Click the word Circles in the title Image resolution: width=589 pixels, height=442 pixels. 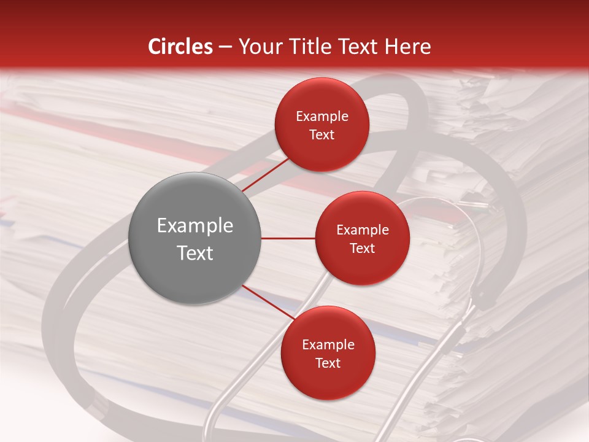coord(180,47)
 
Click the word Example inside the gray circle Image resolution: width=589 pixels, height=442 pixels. coord(194,226)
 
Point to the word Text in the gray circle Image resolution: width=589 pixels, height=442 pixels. coord(194,253)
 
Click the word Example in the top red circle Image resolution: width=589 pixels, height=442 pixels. coord(321,117)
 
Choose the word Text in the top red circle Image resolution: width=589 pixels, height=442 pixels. coord(321,135)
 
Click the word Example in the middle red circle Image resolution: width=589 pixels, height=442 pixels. coord(362,230)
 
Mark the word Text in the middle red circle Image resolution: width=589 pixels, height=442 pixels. coord(362,249)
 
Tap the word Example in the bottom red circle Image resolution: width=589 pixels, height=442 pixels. coord(328,345)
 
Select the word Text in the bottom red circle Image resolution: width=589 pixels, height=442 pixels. coord(328,363)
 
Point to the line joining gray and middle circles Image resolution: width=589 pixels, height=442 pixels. coord(288,238)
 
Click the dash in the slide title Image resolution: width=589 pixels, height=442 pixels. coord(225,47)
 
